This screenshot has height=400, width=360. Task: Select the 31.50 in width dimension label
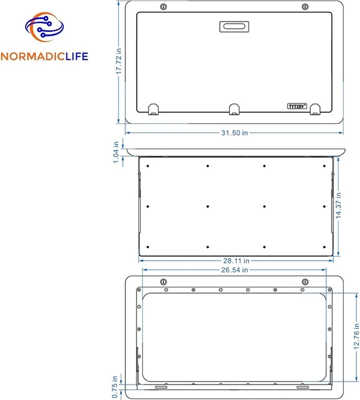(235, 133)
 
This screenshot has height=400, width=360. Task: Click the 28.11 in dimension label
(236, 261)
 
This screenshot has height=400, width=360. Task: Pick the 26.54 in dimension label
(235, 270)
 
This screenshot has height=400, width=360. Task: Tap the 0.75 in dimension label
(115, 387)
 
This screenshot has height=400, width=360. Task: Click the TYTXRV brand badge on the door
(297, 106)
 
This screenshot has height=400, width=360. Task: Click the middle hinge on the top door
(234, 109)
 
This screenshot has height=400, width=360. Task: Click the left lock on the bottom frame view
(163, 282)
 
